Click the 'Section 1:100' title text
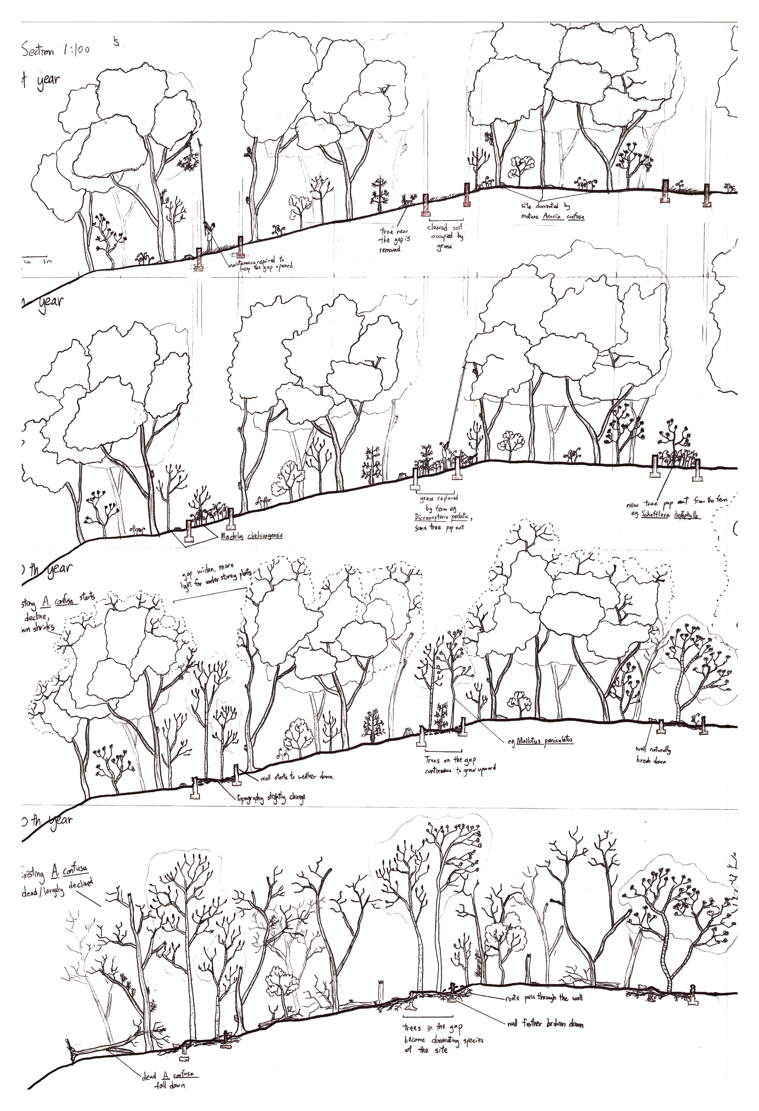(55, 50)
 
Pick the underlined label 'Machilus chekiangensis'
(251, 535)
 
